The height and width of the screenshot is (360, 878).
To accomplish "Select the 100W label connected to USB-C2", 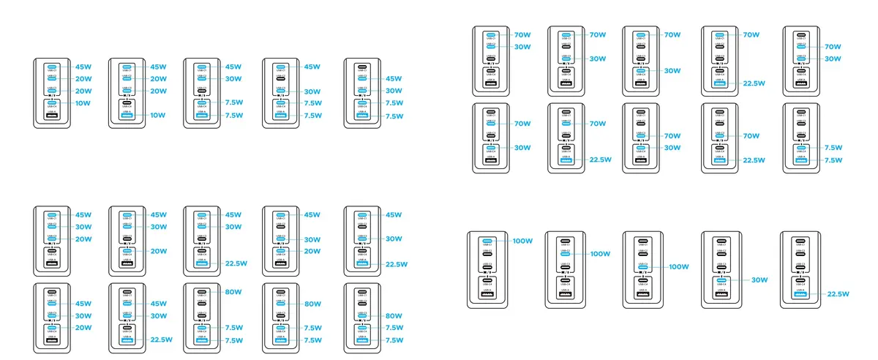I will point(600,254).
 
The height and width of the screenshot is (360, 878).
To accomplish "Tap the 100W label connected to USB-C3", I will point(679,267).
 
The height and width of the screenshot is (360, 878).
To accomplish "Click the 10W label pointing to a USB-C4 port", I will point(83,103).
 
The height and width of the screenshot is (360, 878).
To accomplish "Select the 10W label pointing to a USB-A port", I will point(158,115).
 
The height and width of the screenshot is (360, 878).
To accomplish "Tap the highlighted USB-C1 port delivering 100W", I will point(489,241).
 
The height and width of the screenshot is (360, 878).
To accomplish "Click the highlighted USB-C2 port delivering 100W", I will point(566,254).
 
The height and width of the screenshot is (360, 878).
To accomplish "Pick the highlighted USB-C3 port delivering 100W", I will point(644,267).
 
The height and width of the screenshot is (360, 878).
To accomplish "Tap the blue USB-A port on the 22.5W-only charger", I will point(800,294).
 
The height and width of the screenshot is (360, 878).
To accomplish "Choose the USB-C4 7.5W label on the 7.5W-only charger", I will point(832,148).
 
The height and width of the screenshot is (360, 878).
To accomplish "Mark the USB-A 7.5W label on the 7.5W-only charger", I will point(832,160).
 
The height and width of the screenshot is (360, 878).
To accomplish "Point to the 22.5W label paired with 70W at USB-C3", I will point(753,160).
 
